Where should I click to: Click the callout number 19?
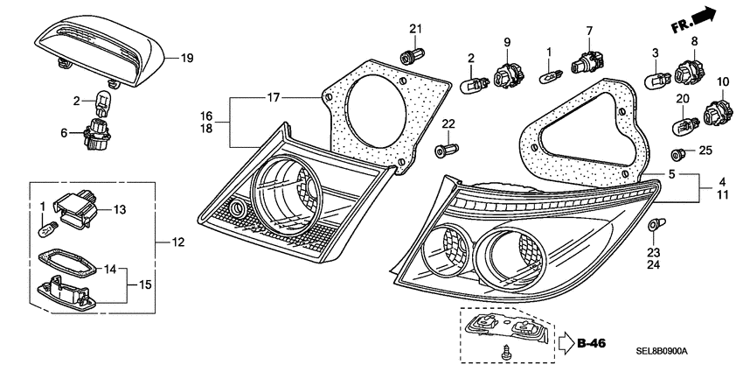186,60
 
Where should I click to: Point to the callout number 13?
120,209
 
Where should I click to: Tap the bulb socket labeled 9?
505,76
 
